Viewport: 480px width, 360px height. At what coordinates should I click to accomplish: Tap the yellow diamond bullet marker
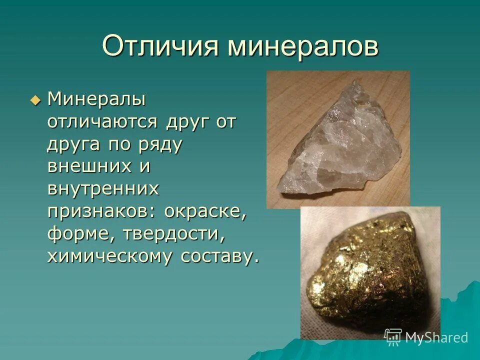pyautogui.click(x=34, y=100)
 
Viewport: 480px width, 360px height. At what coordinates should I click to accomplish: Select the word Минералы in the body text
pyautogui.click(x=96, y=99)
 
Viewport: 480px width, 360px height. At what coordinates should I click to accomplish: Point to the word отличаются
pyautogui.click(x=103, y=121)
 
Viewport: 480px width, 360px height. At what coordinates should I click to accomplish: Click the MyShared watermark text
pyautogui.click(x=436, y=337)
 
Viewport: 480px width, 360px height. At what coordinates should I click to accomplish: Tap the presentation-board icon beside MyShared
pyautogui.click(x=393, y=337)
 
